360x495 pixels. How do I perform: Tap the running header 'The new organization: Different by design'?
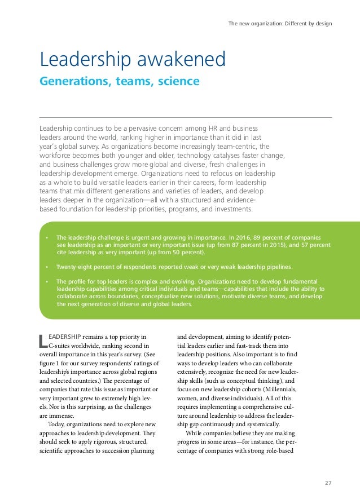tap(280, 24)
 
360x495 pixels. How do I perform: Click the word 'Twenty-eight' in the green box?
tap(74, 267)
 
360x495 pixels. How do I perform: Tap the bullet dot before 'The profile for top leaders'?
tap(47, 281)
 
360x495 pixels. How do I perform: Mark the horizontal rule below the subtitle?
tap(186, 117)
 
